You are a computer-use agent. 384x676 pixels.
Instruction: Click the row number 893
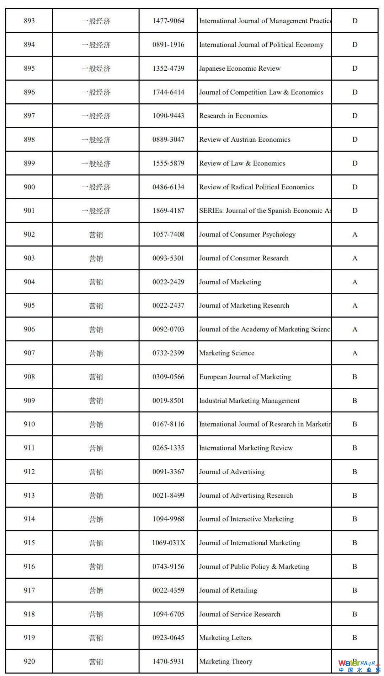click(x=29, y=21)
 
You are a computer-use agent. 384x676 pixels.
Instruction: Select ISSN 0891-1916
click(x=168, y=45)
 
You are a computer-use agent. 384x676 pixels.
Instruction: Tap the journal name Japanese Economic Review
click(x=240, y=69)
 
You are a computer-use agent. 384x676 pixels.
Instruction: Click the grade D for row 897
click(x=354, y=116)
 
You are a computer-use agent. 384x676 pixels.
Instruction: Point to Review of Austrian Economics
click(x=245, y=140)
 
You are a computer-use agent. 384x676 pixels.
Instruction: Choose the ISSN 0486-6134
click(x=168, y=187)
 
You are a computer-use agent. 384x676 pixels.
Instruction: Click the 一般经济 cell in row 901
click(x=96, y=211)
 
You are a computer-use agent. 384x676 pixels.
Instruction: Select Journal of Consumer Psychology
click(x=247, y=234)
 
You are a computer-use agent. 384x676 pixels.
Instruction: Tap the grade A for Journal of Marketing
click(x=354, y=282)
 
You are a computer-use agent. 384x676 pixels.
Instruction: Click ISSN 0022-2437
click(x=168, y=305)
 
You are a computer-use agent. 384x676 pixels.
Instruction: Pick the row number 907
click(x=29, y=353)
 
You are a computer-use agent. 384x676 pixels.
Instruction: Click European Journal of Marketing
click(x=245, y=377)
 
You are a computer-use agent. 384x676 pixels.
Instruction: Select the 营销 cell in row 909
click(x=96, y=401)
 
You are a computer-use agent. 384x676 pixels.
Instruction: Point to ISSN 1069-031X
click(x=169, y=543)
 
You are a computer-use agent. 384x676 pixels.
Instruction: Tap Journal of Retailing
click(x=228, y=590)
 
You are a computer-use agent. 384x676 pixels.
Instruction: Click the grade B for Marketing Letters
click(x=354, y=638)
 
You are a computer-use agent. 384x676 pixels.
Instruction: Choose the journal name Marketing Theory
click(x=225, y=661)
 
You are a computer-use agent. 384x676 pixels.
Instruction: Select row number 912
click(x=29, y=472)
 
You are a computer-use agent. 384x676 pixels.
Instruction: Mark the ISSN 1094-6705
click(x=168, y=614)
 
